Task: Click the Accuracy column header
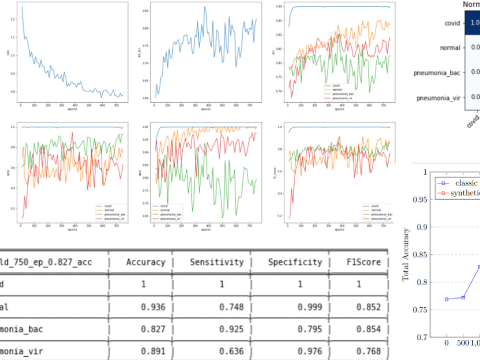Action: [145, 262]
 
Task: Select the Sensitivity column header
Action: [216, 262]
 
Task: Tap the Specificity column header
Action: [295, 262]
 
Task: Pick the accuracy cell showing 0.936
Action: [154, 307]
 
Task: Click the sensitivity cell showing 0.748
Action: [232, 307]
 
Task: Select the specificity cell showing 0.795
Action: [310, 329]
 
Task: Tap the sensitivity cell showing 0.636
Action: [232, 351]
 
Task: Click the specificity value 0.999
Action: [310, 307]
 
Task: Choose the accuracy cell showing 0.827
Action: [154, 329]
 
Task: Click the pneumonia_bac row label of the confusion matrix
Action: [438, 72]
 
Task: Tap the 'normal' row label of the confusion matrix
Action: [450, 48]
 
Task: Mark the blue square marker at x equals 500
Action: [463, 298]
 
